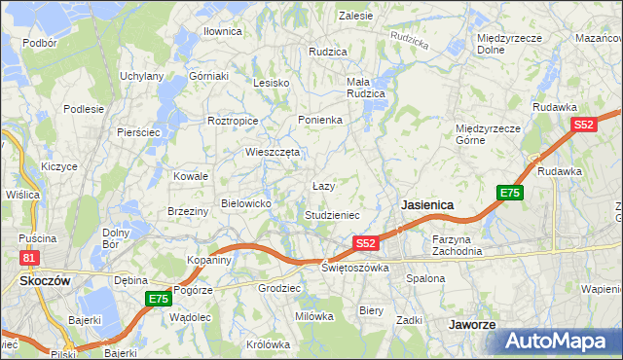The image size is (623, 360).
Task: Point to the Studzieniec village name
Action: (x=333, y=215)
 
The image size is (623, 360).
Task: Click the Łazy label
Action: (x=324, y=185)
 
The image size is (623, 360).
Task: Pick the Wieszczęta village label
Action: (x=274, y=152)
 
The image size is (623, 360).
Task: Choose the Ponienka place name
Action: (x=320, y=120)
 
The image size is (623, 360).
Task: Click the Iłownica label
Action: (x=222, y=31)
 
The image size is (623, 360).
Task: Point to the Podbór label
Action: (x=40, y=43)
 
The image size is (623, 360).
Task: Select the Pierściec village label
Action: (x=137, y=131)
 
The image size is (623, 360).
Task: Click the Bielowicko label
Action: (x=252, y=203)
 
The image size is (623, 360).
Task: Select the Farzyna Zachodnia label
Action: (x=458, y=244)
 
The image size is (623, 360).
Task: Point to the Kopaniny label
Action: (x=209, y=260)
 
